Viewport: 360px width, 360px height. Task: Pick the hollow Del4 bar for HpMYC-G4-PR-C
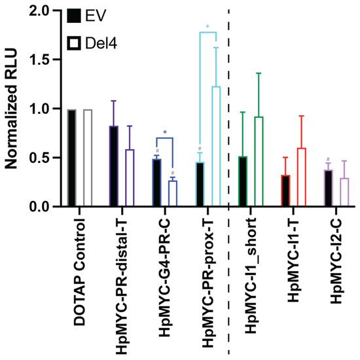click(x=173, y=194)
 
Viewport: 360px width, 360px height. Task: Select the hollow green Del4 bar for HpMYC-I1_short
click(x=259, y=162)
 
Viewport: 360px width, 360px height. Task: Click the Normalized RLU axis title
click(x=12, y=109)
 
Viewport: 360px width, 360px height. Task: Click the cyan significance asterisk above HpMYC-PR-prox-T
click(x=207, y=27)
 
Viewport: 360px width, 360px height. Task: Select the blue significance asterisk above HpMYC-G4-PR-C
click(x=166, y=133)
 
